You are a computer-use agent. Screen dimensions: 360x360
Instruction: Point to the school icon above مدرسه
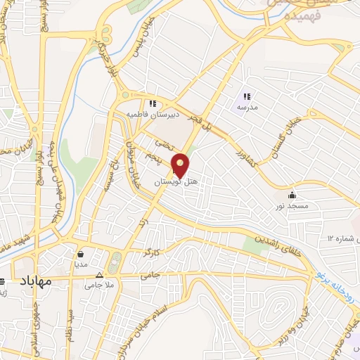point(246,96)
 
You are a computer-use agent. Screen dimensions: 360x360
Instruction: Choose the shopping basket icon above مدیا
point(82,254)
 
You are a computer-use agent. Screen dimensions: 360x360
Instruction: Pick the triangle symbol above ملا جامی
point(98,275)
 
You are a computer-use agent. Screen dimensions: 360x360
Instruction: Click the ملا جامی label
point(98,285)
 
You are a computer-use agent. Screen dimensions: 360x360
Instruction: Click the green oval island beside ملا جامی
point(115,263)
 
